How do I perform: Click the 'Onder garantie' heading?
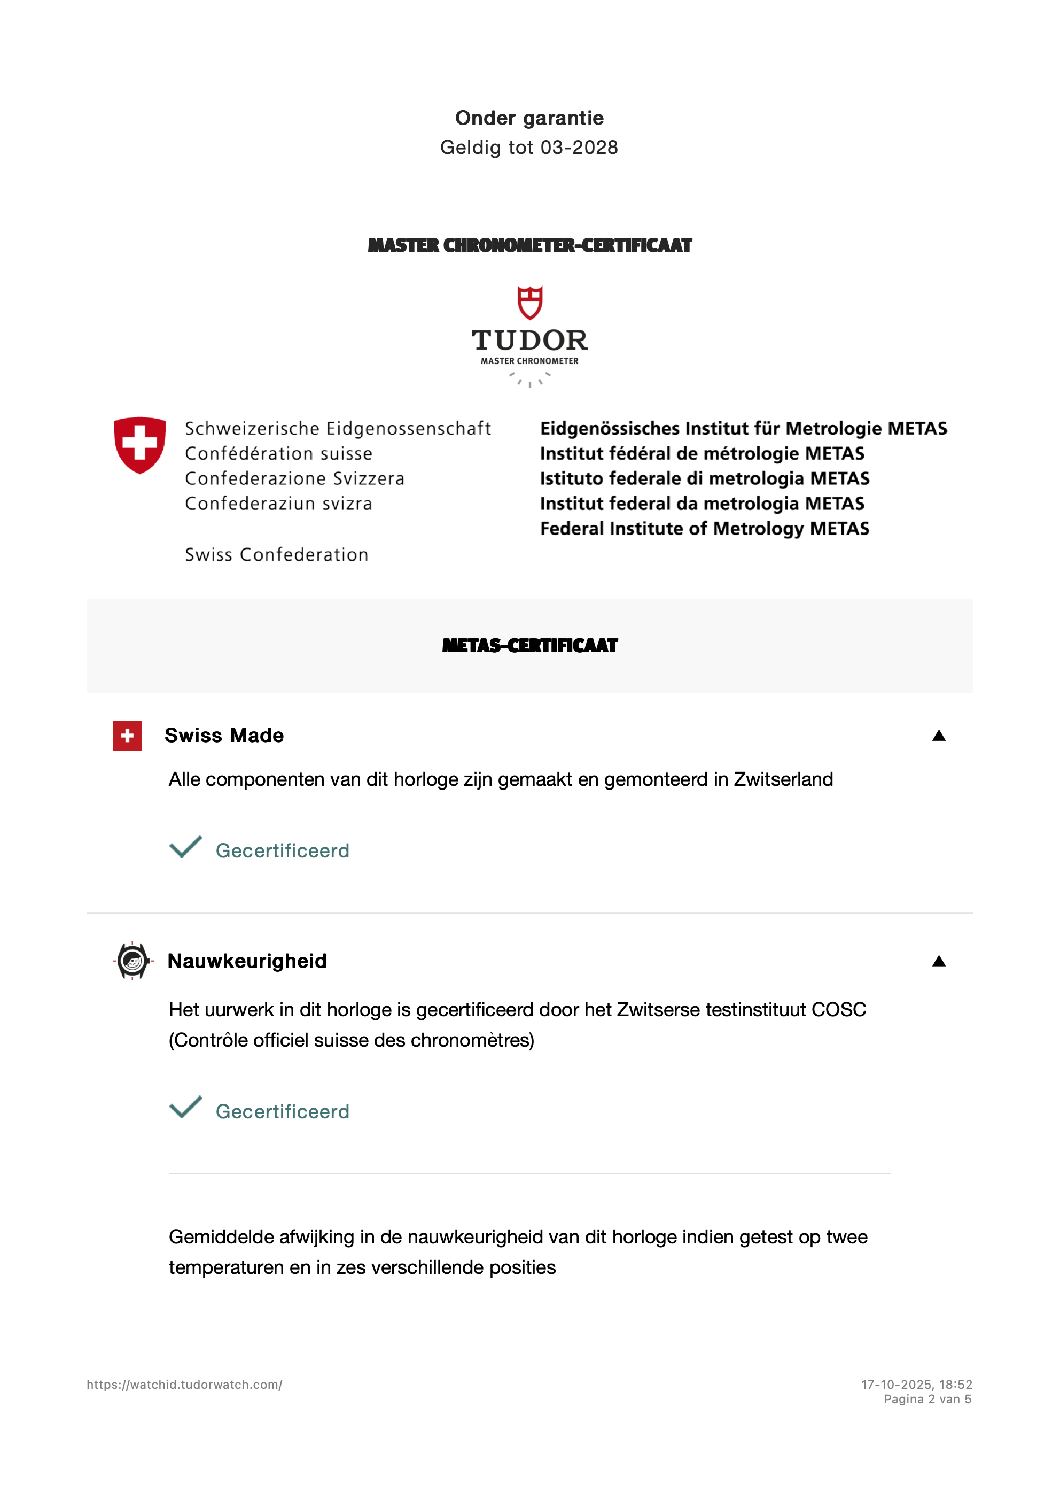[x=529, y=118]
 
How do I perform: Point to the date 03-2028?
[x=579, y=148]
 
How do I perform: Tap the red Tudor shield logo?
[x=529, y=303]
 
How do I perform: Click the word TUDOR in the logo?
[x=529, y=341]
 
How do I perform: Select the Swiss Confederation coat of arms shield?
[x=140, y=444]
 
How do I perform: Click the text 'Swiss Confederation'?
[x=277, y=555]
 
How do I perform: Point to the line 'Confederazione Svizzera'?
[x=294, y=478]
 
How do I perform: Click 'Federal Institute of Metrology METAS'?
[x=704, y=529]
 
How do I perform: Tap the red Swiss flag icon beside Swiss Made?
[x=127, y=736]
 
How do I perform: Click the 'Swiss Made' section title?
[x=224, y=736]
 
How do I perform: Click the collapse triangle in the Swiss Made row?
[x=939, y=736]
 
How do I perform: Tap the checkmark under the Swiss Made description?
[x=185, y=847]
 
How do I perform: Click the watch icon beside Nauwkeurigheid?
[x=132, y=961]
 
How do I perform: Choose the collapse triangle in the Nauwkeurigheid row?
[x=939, y=961]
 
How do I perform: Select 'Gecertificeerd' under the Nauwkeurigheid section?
[x=282, y=1111]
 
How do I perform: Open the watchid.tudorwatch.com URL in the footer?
[x=184, y=1385]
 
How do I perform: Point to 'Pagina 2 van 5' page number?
[x=927, y=1399]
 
